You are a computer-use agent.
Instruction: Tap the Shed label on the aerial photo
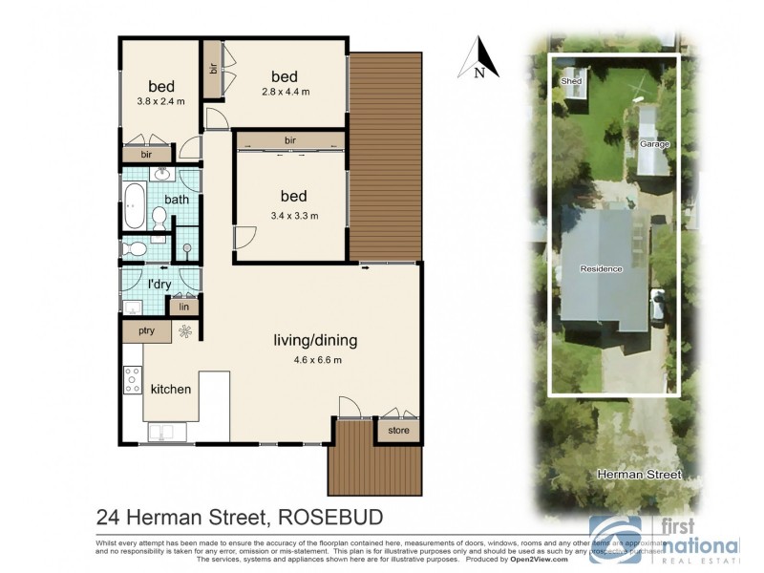(x=571, y=81)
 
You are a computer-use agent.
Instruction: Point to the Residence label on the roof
(x=601, y=269)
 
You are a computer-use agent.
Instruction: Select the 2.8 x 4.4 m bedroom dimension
(x=284, y=92)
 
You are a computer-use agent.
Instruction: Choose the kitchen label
(x=171, y=390)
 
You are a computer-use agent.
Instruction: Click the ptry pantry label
(x=146, y=331)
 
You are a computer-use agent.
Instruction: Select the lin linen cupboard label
(x=183, y=307)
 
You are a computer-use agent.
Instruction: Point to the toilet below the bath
(x=136, y=248)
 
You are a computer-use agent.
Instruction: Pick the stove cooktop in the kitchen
(x=132, y=379)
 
